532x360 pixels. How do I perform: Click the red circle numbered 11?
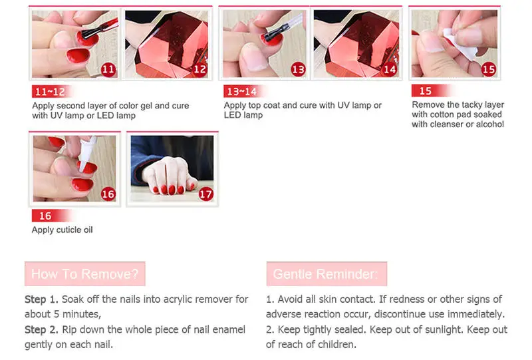tap(108, 70)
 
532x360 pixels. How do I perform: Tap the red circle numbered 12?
tap(199, 70)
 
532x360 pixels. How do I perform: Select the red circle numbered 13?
tap(298, 70)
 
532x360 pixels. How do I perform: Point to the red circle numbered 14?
tap(390, 70)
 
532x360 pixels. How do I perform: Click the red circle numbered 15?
tap(489, 69)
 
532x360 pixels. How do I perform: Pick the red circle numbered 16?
tap(108, 194)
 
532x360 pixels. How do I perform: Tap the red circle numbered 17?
tap(206, 194)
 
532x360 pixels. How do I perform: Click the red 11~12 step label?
tap(51, 91)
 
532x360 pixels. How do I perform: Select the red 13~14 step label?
tap(243, 91)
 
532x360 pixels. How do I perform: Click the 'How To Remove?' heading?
tap(85, 273)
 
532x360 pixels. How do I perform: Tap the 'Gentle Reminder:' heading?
tap(327, 273)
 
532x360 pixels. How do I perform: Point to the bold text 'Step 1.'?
tap(41, 299)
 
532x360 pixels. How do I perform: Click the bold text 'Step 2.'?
tap(41, 330)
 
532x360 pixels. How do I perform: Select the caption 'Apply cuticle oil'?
tap(62, 230)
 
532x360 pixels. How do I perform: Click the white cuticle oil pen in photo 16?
tap(87, 153)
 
